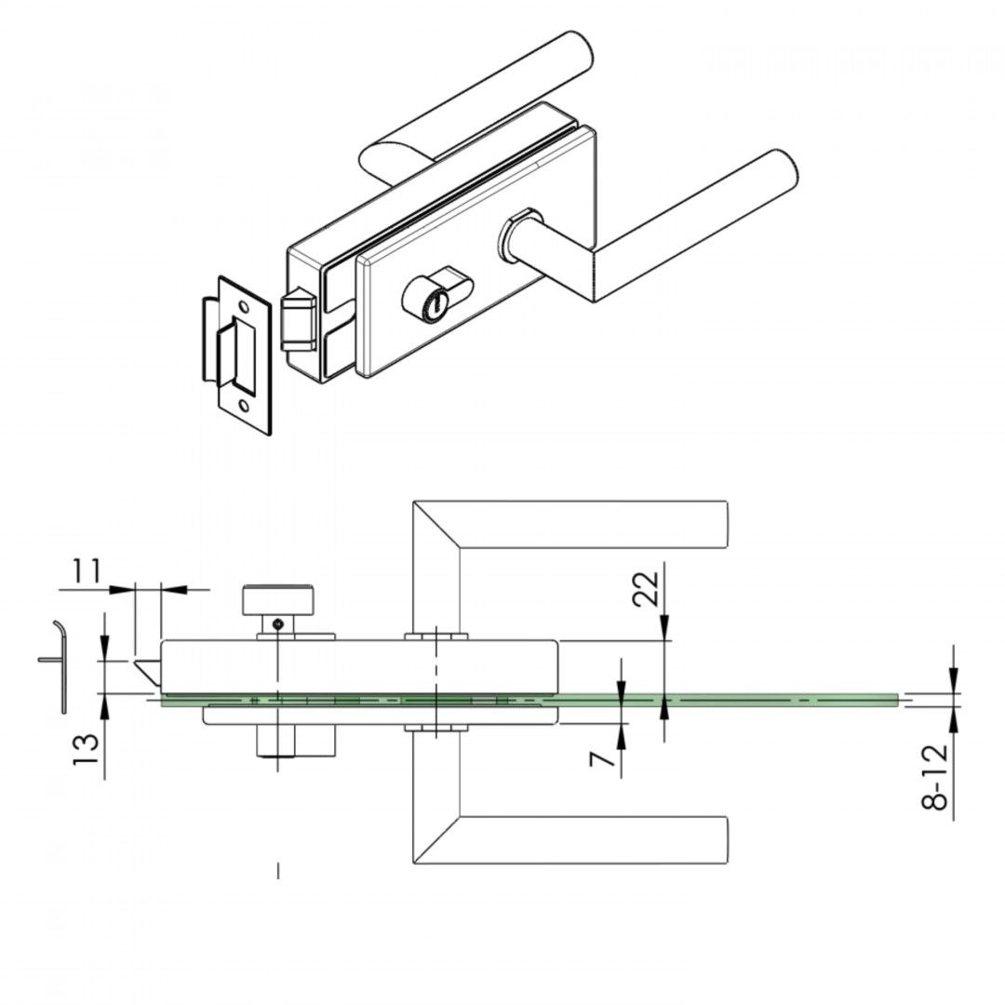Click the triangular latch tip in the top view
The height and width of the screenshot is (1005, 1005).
click(147, 670)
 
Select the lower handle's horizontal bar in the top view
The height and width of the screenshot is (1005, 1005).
click(596, 839)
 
